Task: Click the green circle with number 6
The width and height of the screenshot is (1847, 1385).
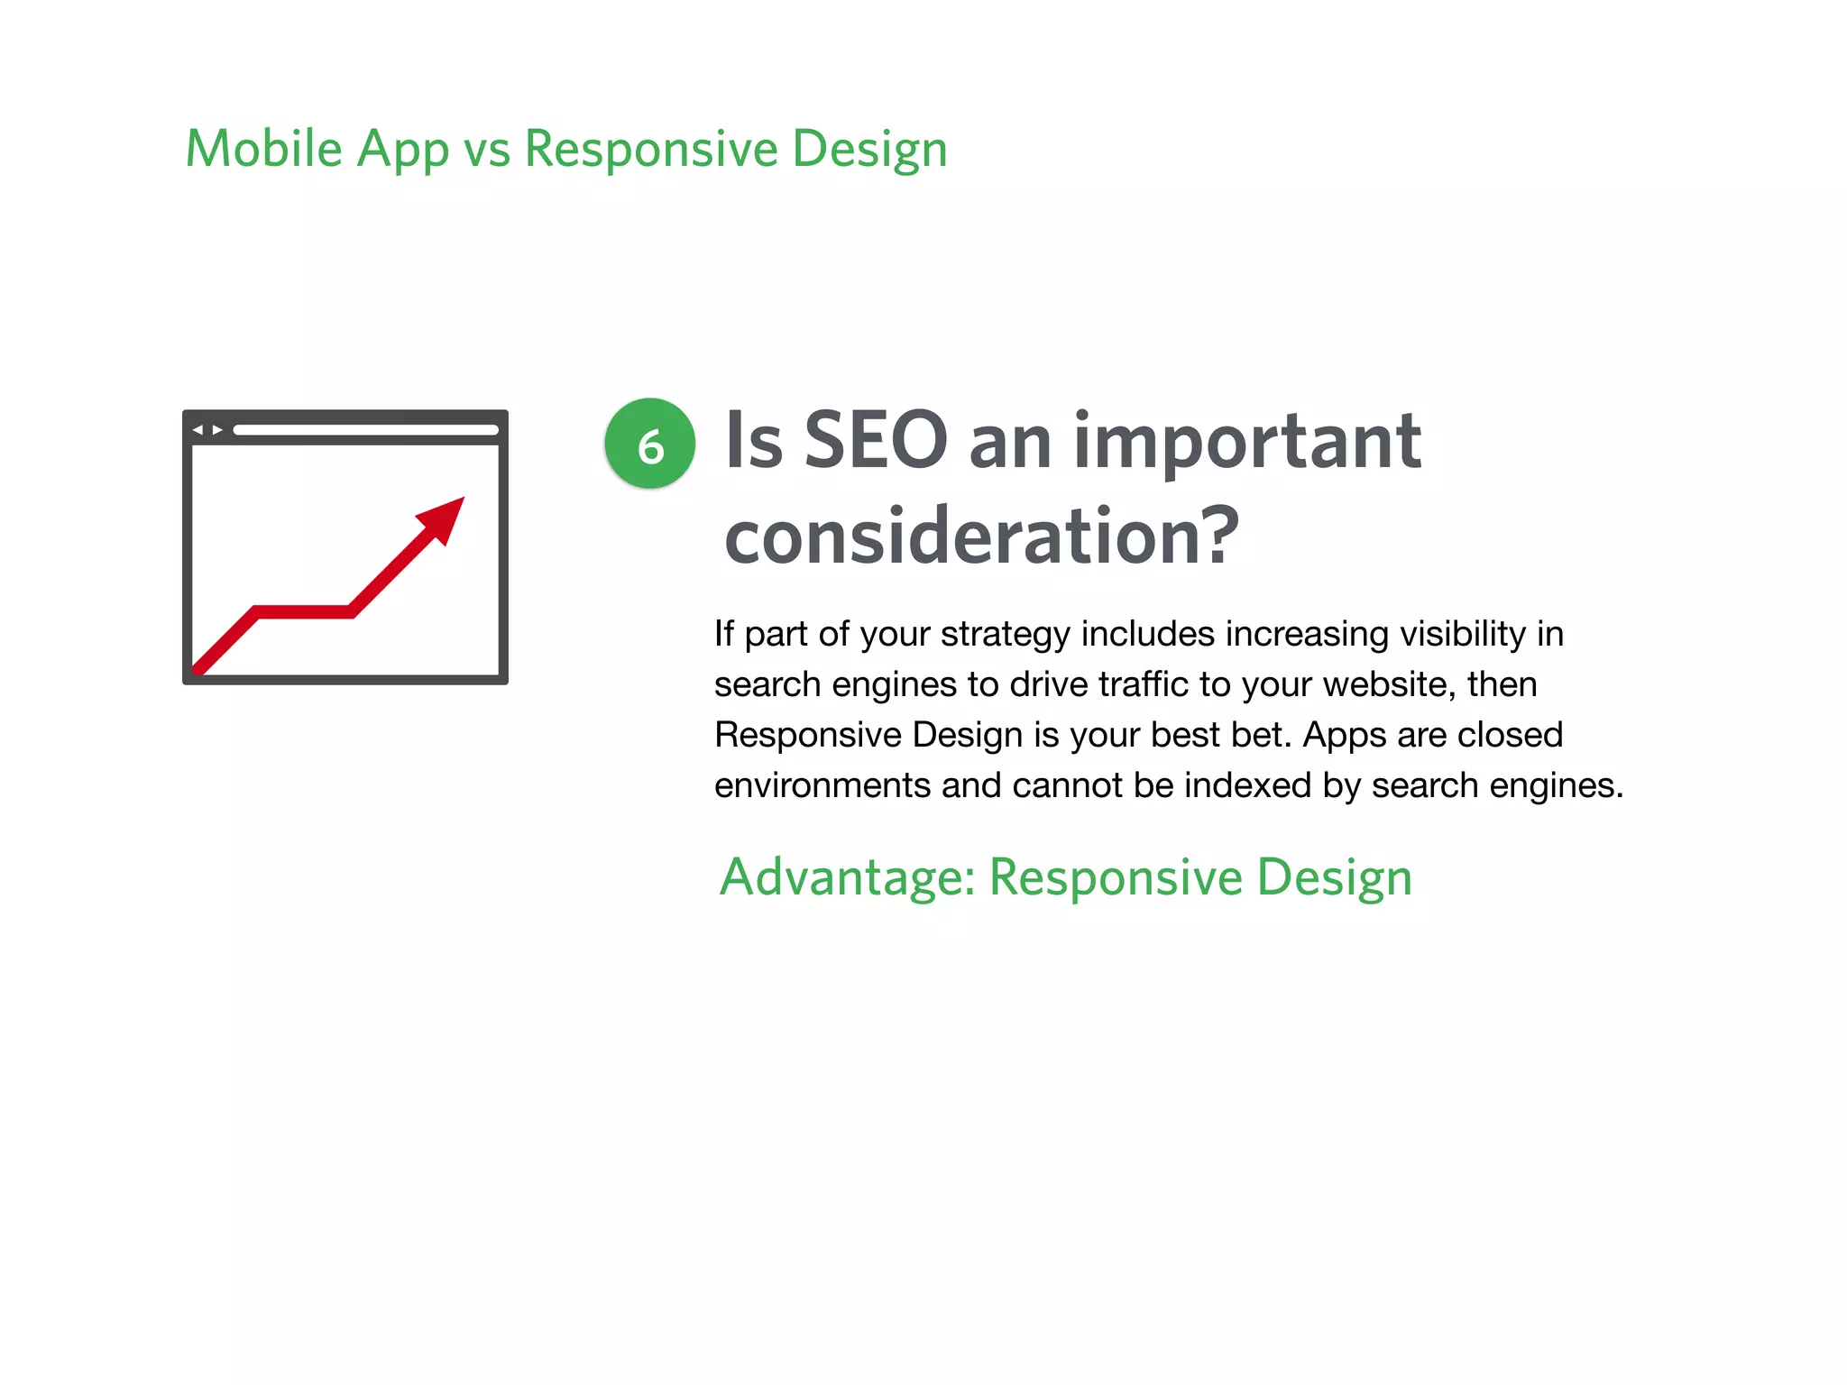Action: pyautogui.click(x=649, y=444)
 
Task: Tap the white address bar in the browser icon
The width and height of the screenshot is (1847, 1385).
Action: pyautogui.click(x=365, y=430)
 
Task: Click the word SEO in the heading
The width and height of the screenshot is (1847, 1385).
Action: pyautogui.click(x=875, y=441)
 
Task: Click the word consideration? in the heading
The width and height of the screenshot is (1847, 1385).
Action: pyautogui.click(x=981, y=537)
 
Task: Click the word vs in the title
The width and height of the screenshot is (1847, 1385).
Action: pyautogui.click(x=487, y=151)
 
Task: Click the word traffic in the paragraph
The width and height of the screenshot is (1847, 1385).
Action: pyautogui.click(x=1144, y=684)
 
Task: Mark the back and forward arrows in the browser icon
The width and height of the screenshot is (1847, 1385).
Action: pyautogui.click(x=208, y=430)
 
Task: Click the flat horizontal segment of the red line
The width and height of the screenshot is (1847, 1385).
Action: pyautogui.click(x=305, y=612)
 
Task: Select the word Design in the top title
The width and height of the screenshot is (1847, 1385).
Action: pyautogui.click(x=869, y=149)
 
